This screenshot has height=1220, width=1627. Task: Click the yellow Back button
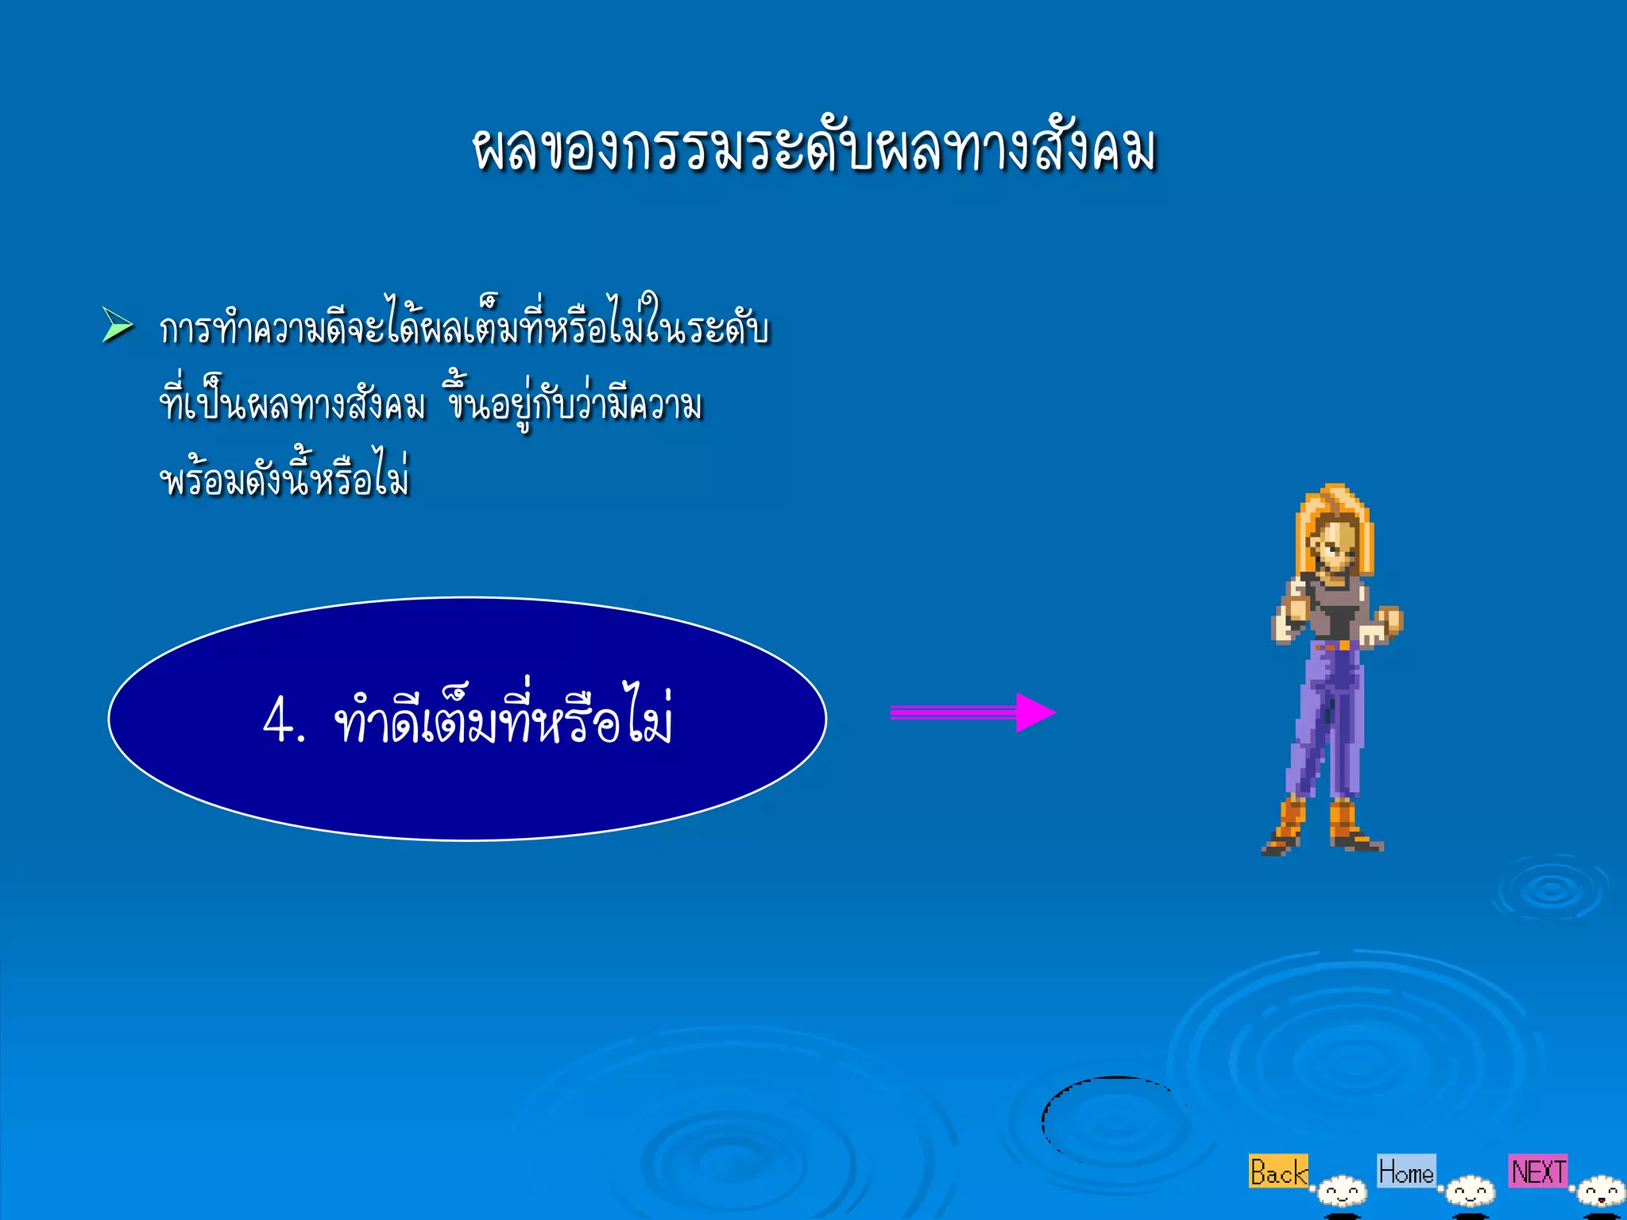[1277, 1172]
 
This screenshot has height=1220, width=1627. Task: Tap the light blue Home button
[1406, 1171]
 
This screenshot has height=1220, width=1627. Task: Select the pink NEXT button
[1538, 1171]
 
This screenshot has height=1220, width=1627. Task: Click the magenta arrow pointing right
[972, 712]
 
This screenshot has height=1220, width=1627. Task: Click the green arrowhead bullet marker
[117, 326]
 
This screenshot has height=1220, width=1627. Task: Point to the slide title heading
[813, 149]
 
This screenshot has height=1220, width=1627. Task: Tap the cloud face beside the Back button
[1342, 1192]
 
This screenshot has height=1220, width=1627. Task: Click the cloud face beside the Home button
[1470, 1192]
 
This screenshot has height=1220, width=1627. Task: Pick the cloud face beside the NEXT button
[1601, 1192]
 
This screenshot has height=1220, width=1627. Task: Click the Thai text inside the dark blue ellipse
[504, 718]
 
